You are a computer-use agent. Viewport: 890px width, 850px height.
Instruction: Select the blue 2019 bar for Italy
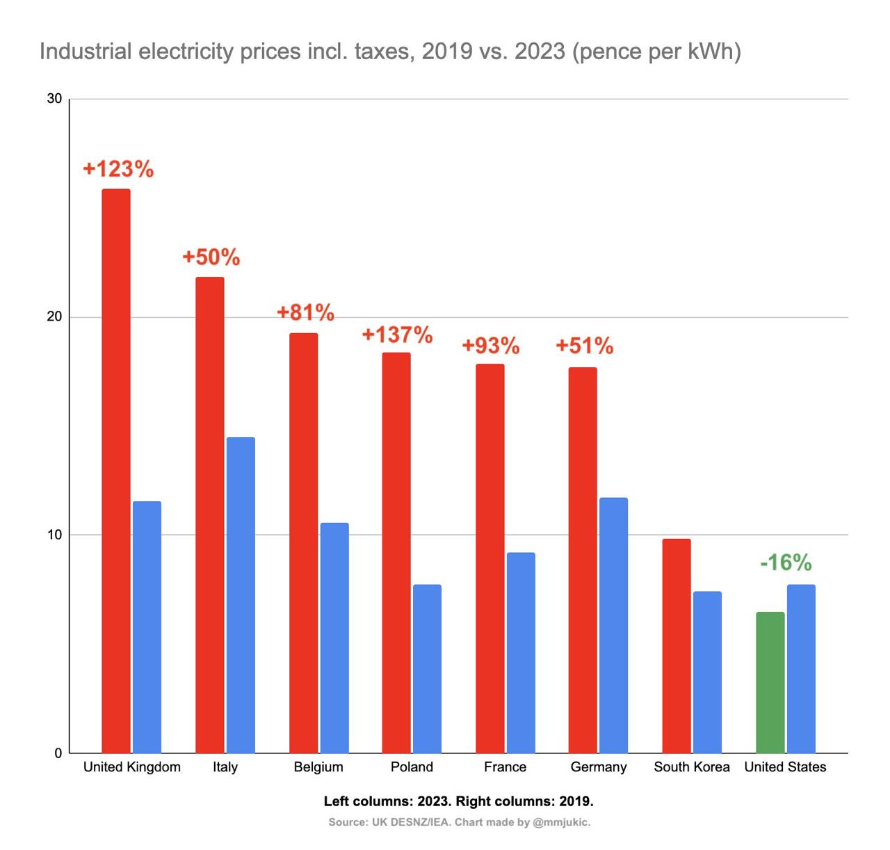pyautogui.click(x=241, y=595)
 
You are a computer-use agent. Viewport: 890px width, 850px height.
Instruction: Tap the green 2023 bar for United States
pyautogui.click(x=770, y=682)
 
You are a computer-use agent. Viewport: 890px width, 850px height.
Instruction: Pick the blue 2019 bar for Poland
pyautogui.click(x=427, y=668)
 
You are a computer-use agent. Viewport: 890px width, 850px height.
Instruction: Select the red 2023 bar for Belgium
pyautogui.click(x=303, y=543)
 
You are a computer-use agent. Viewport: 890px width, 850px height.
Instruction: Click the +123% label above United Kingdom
pyautogui.click(x=118, y=169)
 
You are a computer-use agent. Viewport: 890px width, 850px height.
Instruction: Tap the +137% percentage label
pyautogui.click(x=397, y=335)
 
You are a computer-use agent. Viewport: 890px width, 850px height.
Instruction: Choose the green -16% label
pyautogui.click(x=786, y=562)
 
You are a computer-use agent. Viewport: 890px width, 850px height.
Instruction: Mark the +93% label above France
pyautogui.click(x=491, y=346)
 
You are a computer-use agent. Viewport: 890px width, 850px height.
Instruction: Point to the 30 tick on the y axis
pyautogui.click(x=54, y=99)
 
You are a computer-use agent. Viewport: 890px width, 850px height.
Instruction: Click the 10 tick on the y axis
pyautogui.click(x=54, y=535)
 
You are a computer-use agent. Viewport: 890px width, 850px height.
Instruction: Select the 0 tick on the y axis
pyautogui.click(x=58, y=753)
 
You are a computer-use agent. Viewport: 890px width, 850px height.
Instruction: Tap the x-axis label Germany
pyautogui.click(x=599, y=767)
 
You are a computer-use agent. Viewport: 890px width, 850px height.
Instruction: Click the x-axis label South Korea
pyautogui.click(x=692, y=767)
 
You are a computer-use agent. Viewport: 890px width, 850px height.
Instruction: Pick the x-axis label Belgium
pyautogui.click(x=318, y=767)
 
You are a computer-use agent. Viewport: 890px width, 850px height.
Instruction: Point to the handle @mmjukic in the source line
pyautogui.click(x=560, y=822)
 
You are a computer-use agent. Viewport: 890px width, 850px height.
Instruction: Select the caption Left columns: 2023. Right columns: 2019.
pyautogui.click(x=459, y=801)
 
